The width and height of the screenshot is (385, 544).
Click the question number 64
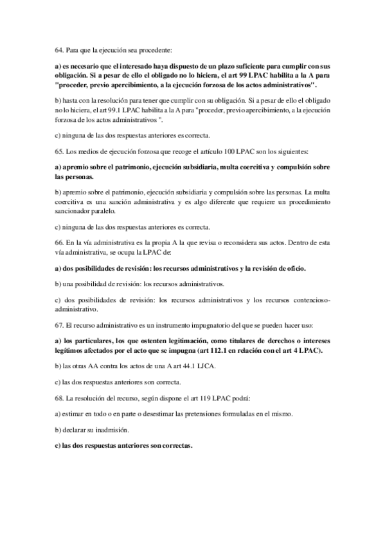coord(60,49)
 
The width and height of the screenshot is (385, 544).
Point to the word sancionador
coord(76,210)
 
